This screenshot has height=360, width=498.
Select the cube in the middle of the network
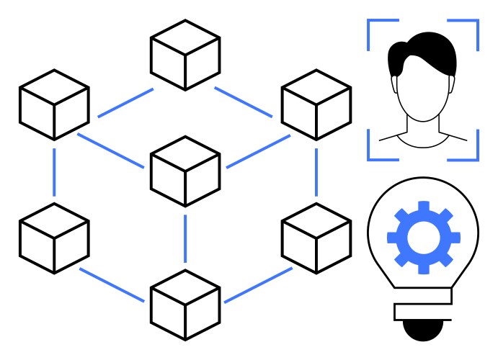(185, 170)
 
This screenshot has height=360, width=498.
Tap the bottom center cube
(185, 305)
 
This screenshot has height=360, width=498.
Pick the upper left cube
(54, 104)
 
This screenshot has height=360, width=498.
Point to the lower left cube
(54, 238)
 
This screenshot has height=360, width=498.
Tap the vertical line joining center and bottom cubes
(185, 238)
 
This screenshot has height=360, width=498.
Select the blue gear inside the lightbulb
(424, 238)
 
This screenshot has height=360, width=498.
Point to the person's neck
(422, 130)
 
